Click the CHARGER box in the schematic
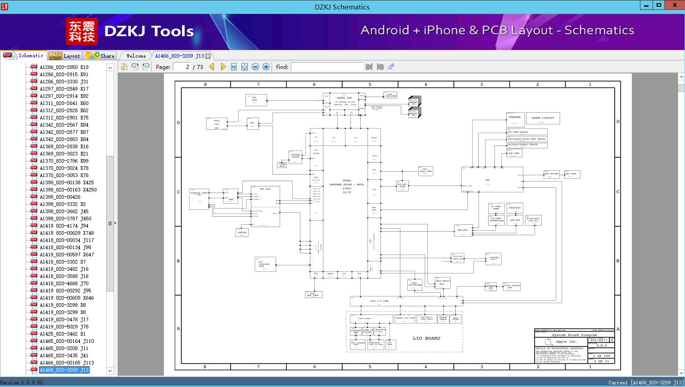515,118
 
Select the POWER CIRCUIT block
543,118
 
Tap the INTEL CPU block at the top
345,100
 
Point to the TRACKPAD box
514,208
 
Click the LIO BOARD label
426,338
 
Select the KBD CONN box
571,174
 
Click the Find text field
327,67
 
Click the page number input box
181,67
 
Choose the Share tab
100,56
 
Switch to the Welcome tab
136,56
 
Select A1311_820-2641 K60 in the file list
64,103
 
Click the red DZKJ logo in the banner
82,31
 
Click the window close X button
674,5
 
